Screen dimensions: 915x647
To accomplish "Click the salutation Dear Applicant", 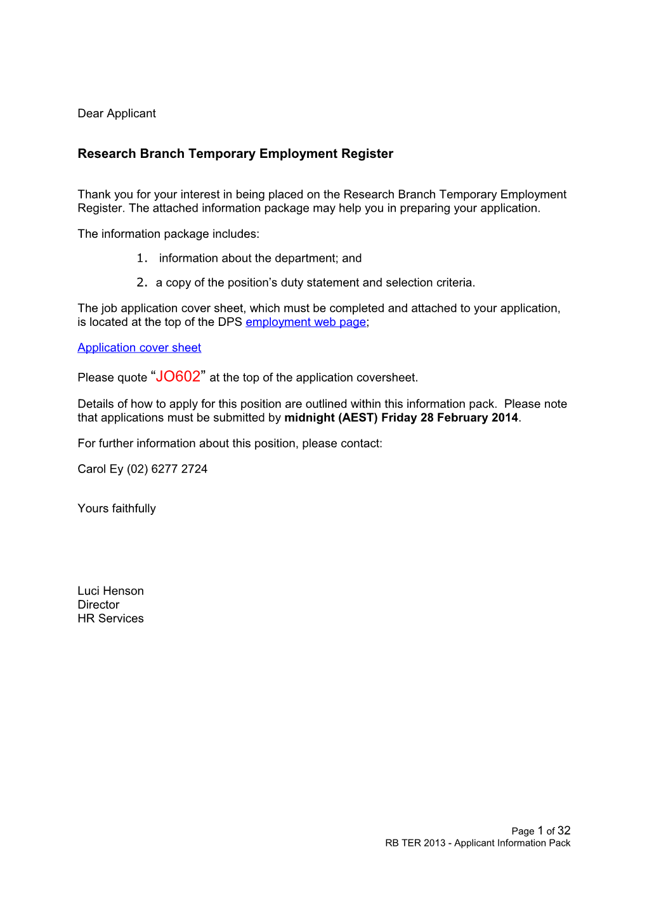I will (x=116, y=114).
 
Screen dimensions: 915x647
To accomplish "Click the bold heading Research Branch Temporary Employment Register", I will (x=235, y=153).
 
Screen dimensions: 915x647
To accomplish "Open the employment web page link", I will (x=305, y=322).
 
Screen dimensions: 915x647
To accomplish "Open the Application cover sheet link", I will (x=139, y=347).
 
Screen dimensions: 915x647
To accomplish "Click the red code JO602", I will (x=178, y=377).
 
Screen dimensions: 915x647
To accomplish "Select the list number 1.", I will (x=141, y=258).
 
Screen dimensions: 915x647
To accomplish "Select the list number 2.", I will (x=141, y=282).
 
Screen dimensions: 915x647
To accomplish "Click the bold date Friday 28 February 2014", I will (x=449, y=418).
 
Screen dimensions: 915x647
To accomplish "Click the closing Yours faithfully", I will (x=116, y=509).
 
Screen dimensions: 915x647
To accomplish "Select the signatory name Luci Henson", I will (x=110, y=591).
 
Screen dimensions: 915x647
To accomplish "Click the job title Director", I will (x=98, y=605).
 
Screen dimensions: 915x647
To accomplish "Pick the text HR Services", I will (x=110, y=619).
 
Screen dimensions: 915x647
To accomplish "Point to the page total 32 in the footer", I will (x=564, y=831).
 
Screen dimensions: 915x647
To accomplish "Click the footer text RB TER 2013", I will (x=415, y=843).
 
